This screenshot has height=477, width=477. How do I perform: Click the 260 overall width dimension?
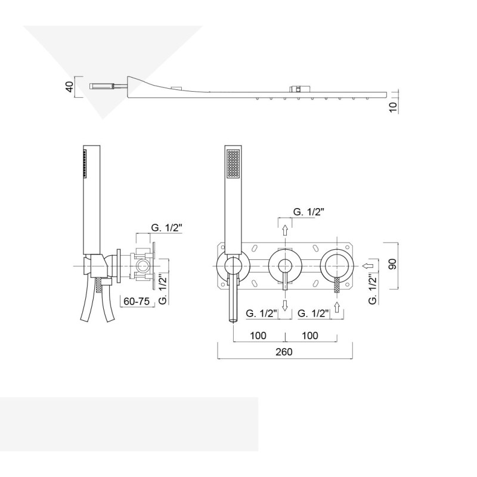[x=284, y=352]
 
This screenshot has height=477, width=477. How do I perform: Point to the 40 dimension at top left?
[x=70, y=87]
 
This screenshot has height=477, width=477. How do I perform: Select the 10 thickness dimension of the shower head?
[x=393, y=107]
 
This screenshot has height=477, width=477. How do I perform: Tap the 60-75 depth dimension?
[x=137, y=301]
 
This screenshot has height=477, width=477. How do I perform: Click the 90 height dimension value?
[x=392, y=264]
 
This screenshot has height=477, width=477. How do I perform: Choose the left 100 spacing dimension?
[x=258, y=336]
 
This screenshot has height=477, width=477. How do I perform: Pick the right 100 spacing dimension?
[x=310, y=336]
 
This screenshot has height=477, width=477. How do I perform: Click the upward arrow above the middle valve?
[x=285, y=230]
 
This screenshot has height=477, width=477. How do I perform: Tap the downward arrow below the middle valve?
[x=285, y=305]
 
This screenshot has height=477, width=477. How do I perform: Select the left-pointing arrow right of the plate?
[x=368, y=265]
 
